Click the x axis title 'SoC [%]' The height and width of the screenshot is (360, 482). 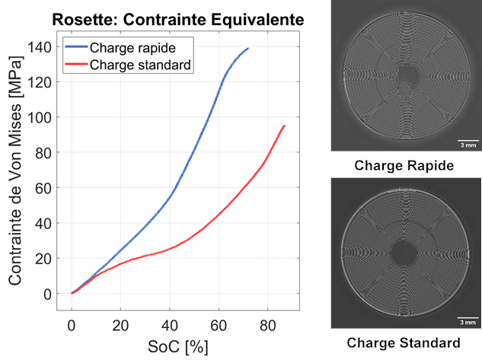pos(177,346)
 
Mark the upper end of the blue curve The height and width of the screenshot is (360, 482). pos(248,48)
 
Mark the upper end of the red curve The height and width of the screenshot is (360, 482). pos(285,126)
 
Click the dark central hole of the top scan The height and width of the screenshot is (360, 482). pos(405,76)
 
